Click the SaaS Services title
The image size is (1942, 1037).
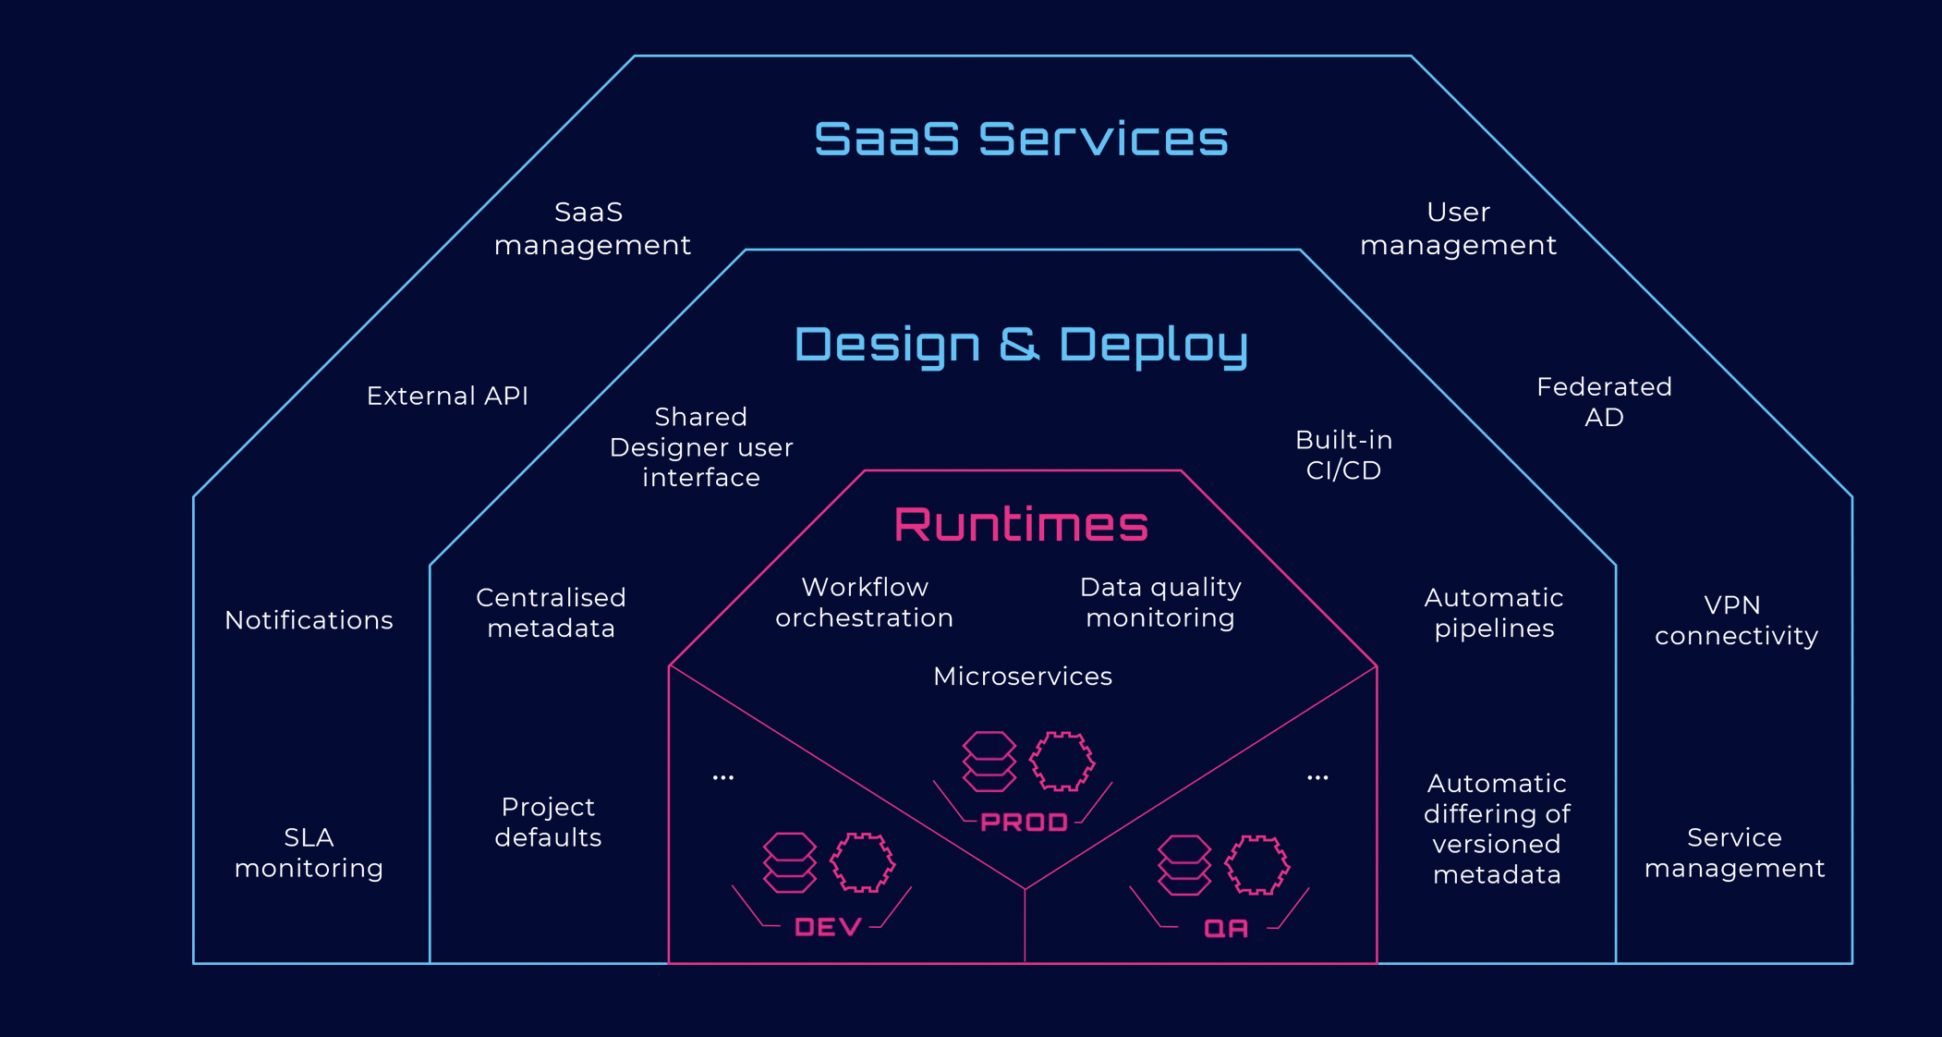point(1021,139)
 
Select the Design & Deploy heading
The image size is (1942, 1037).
point(1021,344)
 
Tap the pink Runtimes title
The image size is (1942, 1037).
point(1021,524)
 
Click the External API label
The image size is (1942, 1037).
point(447,396)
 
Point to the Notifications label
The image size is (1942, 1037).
point(309,620)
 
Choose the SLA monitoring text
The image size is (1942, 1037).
point(309,852)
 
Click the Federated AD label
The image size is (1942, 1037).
point(1604,401)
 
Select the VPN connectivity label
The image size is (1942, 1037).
point(1735,620)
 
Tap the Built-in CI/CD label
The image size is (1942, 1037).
point(1343,455)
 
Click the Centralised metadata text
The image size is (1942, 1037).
point(551,613)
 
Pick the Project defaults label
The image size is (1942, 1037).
point(548,822)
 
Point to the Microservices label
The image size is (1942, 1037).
point(1022,677)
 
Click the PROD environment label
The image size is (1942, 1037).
point(1024,822)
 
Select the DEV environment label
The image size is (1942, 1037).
point(828,927)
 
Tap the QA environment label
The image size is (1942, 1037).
point(1226,928)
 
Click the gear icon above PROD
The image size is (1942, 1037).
point(1062,762)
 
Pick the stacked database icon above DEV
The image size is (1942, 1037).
point(789,862)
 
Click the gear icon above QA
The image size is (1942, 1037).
point(1256,864)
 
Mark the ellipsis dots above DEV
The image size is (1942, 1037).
point(723,777)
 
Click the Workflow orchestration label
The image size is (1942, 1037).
point(864,603)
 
